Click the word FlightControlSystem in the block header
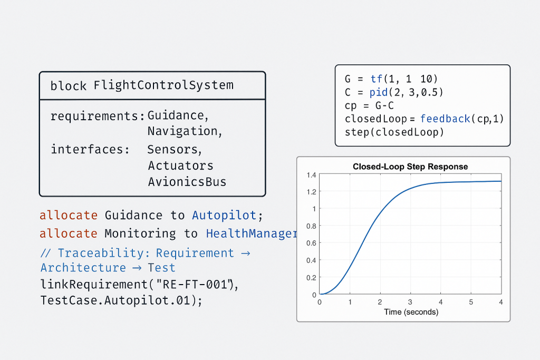[x=163, y=85]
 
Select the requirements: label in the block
[x=98, y=116]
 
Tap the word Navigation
[x=185, y=131]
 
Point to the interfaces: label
[x=90, y=149]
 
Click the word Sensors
[x=175, y=149]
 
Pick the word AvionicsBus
[x=187, y=182]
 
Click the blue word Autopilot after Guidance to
[x=224, y=216]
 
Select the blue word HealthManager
[x=252, y=233]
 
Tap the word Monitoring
[x=140, y=233]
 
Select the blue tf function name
[x=377, y=79]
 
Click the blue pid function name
[x=379, y=92]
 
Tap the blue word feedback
[x=445, y=119]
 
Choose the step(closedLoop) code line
[x=394, y=132]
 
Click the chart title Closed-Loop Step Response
[x=410, y=167]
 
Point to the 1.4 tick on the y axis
[x=311, y=175]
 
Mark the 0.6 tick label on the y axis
[x=311, y=243]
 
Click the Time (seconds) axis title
[x=411, y=312]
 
